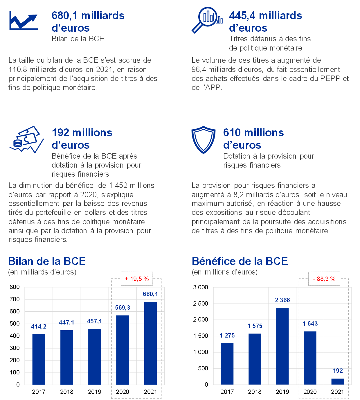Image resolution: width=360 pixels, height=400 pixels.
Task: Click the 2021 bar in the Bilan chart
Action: tap(150, 343)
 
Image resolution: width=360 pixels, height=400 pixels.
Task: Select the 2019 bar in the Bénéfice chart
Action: tap(282, 346)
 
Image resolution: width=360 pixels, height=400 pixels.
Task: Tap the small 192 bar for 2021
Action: tap(338, 381)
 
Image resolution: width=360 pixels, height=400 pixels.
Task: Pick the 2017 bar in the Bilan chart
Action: tap(39, 359)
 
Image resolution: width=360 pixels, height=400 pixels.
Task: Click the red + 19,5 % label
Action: tap(137, 279)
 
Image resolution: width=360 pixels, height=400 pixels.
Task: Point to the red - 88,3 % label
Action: tap(324, 279)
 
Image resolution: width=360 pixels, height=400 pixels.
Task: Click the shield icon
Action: tap(204, 139)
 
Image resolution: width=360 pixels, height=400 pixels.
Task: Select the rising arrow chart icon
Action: tap(24, 21)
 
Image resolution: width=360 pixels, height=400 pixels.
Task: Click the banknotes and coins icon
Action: tap(26, 139)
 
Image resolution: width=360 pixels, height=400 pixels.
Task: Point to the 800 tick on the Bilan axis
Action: tap(15, 287)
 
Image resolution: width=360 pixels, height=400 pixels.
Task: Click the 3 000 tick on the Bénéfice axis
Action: tap(201, 287)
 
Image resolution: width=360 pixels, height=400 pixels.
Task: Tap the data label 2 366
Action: tap(282, 300)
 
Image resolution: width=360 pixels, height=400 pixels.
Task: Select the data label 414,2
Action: tap(39, 327)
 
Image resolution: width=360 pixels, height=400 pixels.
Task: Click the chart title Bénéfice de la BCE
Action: tap(240, 261)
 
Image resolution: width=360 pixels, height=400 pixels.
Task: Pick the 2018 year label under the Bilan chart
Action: tap(67, 392)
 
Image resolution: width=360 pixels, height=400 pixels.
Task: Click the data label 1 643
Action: tap(310, 324)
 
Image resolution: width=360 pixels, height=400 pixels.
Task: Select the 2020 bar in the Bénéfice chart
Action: tap(310, 358)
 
